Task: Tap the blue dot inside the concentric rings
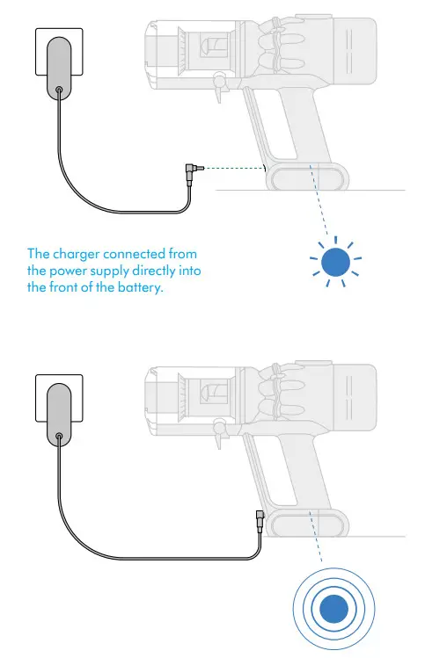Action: click(x=333, y=608)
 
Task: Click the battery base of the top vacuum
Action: click(x=308, y=177)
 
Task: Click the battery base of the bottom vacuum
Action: click(x=308, y=523)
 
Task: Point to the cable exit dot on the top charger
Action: click(x=58, y=90)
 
